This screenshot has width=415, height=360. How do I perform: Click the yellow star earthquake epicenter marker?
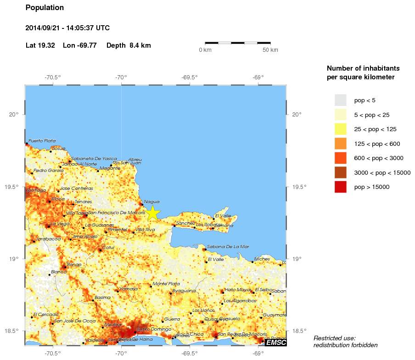pos(153,213)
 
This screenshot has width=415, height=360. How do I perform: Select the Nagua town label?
pos(151,201)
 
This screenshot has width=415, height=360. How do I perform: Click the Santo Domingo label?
pos(154,329)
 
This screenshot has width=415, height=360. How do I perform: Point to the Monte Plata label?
pos(166,283)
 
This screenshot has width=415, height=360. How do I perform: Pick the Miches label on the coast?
pos(262,259)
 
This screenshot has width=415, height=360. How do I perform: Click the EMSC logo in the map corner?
pos(276,342)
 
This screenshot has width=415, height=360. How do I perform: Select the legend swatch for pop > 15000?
pos(340,187)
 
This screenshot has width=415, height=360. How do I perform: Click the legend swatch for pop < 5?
pos(340,100)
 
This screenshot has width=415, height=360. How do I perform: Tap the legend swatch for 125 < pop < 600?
pos(340,144)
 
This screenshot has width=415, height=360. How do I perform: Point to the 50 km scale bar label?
pos(270,50)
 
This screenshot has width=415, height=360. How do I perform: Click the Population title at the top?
pos(45,8)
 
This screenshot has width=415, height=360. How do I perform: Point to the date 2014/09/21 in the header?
pos(45,28)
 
